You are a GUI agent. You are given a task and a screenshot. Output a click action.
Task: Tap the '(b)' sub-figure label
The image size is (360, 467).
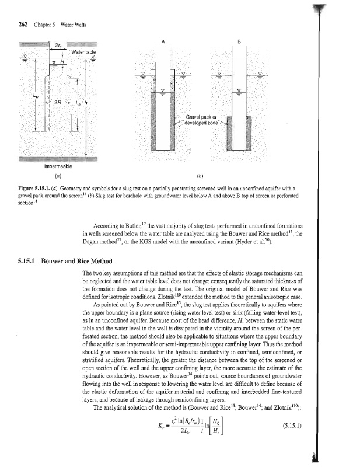pos(200,174)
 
